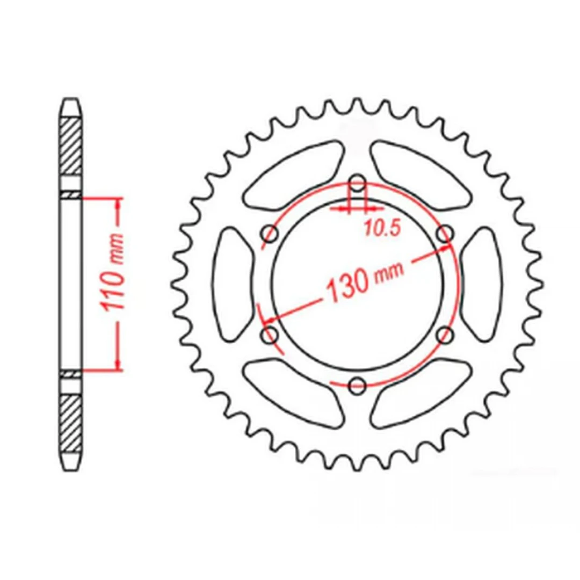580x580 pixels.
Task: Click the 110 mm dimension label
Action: tap(112, 272)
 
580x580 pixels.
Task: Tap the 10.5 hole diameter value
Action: tap(382, 228)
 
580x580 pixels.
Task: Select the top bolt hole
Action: tap(357, 183)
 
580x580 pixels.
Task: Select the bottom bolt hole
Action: tap(357, 386)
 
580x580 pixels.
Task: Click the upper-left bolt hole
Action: tap(270, 234)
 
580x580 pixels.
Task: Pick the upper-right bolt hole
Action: tap(445, 234)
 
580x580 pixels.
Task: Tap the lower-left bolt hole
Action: tap(270, 335)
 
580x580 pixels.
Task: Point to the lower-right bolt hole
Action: tap(445, 335)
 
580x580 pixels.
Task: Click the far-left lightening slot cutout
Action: tap(233, 285)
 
